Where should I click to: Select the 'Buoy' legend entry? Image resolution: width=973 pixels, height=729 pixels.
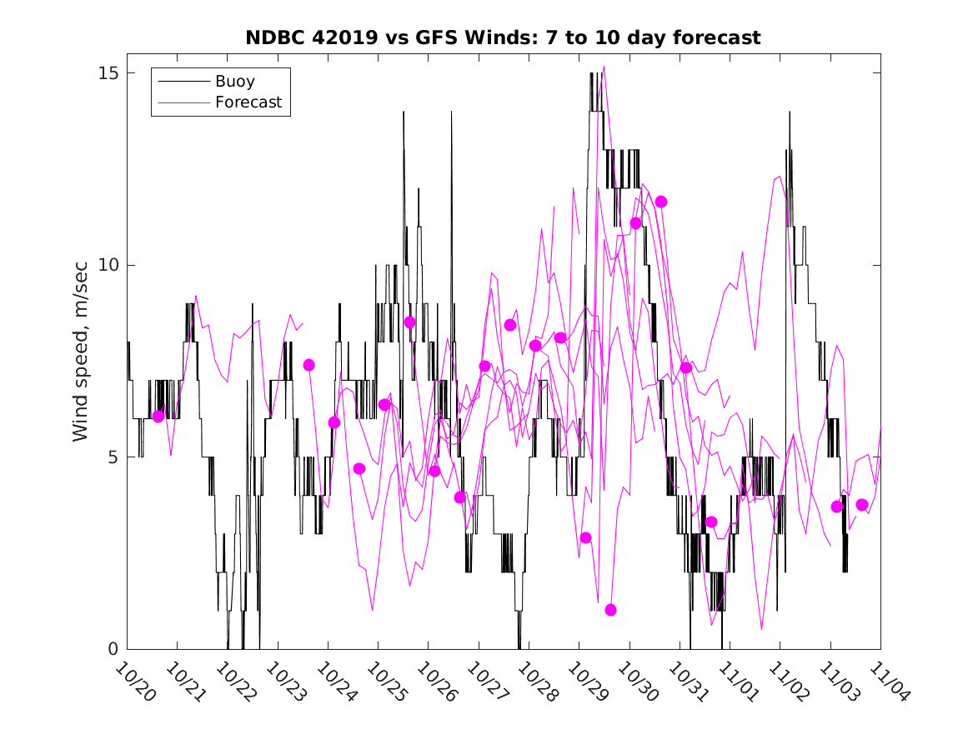tap(235, 82)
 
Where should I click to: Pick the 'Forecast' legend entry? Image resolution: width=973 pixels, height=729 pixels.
tap(248, 102)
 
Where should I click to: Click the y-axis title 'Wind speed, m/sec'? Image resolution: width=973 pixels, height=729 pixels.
tap(80, 360)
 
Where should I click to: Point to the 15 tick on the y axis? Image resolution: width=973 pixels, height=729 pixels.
tap(106, 73)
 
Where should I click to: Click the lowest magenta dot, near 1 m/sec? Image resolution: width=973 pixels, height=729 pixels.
tap(610, 610)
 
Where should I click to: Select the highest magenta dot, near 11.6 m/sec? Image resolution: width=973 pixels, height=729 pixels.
tap(661, 202)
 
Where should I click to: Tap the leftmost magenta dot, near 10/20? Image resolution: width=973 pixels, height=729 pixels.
tap(158, 417)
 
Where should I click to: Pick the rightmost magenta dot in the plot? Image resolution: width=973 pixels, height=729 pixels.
tap(862, 505)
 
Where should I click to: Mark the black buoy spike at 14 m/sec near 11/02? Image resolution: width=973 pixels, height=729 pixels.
tap(790, 112)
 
